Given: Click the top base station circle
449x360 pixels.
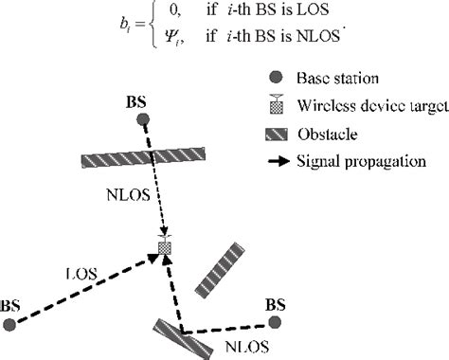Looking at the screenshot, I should pos(142,119).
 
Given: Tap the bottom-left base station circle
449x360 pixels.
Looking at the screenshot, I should pos(9,325).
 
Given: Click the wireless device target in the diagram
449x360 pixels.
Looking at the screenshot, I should pos(165,246).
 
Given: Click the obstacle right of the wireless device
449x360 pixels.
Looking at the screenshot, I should pos(224,270).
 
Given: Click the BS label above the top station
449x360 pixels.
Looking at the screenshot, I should pos(138,99).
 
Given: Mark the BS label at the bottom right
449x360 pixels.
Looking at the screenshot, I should pos(276,305).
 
